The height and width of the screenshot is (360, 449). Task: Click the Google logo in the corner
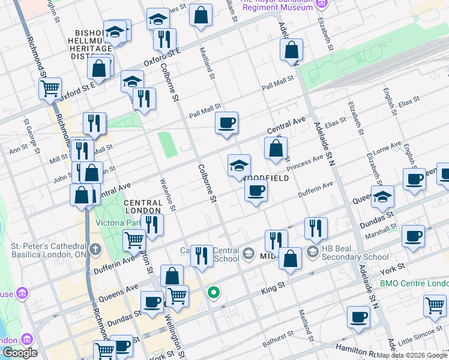pyautogui.click(x=20, y=353)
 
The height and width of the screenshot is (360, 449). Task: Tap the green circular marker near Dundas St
pyautogui.click(x=213, y=293)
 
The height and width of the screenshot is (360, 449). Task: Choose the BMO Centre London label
pyautogui.click(x=414, y=283)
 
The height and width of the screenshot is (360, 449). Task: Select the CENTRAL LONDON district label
pyautogui.click(x=143, y=207)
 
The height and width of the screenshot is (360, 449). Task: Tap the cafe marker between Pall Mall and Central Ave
pyautogui.click(x=227, y=123)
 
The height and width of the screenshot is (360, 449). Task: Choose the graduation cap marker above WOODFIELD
pyautogui.click(x=239, y=166)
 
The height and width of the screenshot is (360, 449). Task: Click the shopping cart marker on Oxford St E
pyautogui.click(x=50, y=88)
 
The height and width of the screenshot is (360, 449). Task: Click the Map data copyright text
pyautogui.click(x=412, y=355)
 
